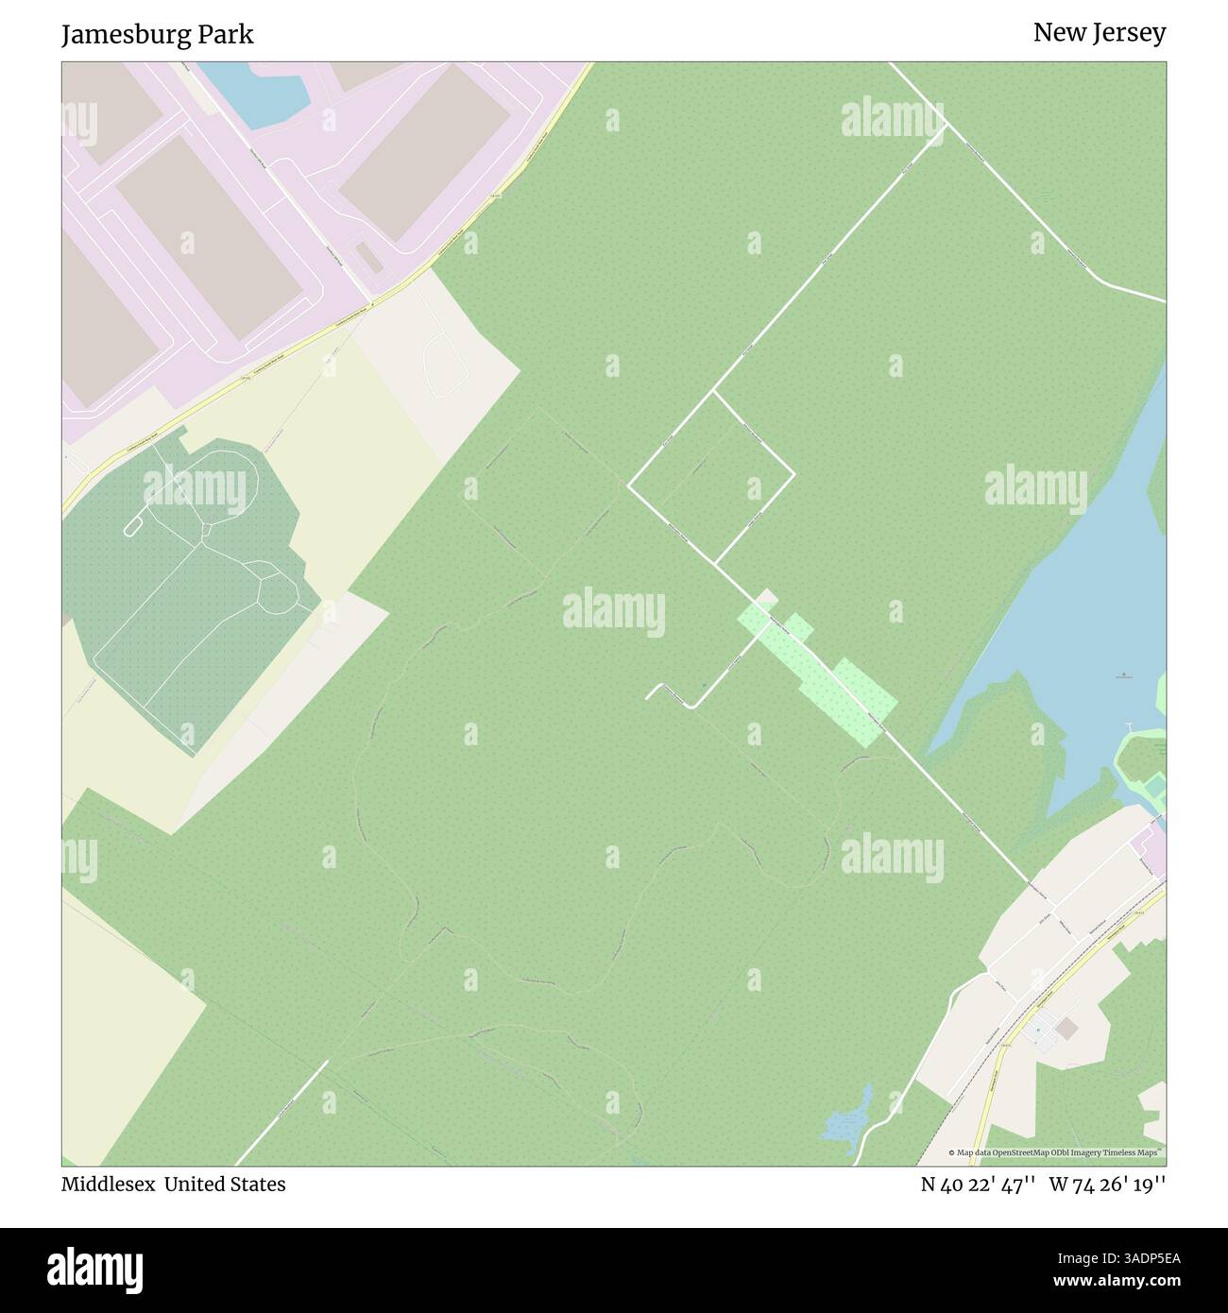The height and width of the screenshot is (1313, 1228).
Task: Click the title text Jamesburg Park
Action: (x=157, y=35)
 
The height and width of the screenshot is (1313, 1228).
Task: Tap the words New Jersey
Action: (x=1099, y=32)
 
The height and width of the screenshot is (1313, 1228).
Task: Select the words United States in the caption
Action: (x=224, y=1184)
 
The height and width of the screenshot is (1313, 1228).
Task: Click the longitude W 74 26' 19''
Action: (x=1107, y=1184)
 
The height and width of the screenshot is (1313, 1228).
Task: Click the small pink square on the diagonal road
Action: (x=766, y=598)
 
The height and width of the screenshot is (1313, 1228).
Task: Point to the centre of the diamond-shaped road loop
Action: (x=710, y=477)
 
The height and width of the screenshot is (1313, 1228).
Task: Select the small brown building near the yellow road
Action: (x=1066, y=1028)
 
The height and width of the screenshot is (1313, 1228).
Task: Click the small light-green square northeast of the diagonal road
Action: (x=798, y=624)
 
